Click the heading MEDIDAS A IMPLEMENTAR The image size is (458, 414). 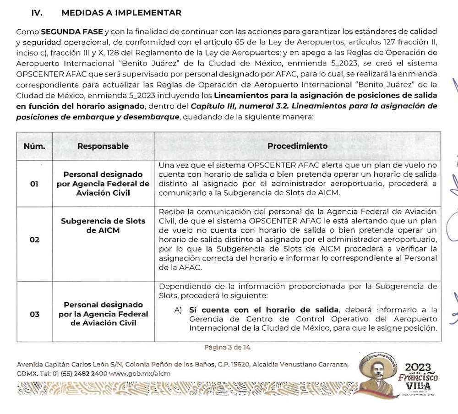[x=121, y=12]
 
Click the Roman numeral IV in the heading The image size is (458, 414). [x=37, y=12]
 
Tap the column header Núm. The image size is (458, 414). [x=34, y=146]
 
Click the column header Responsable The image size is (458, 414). [x=103, y=146]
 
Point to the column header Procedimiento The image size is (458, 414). [x=297, y=146]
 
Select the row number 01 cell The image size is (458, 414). [x=34, y=184]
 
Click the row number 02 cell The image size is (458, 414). [x=34, y=240]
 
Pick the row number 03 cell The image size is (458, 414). [x=34, y=314]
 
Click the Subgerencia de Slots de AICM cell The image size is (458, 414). [x=103, y=225]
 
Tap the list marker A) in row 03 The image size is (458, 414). [x=179, y=310]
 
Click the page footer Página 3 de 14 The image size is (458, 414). [x=227, y=347]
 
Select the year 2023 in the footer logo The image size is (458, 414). [x=418, y=367]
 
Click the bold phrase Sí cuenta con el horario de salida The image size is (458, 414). [x=261, y=310]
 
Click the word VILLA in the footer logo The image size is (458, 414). [x=418, y=386]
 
